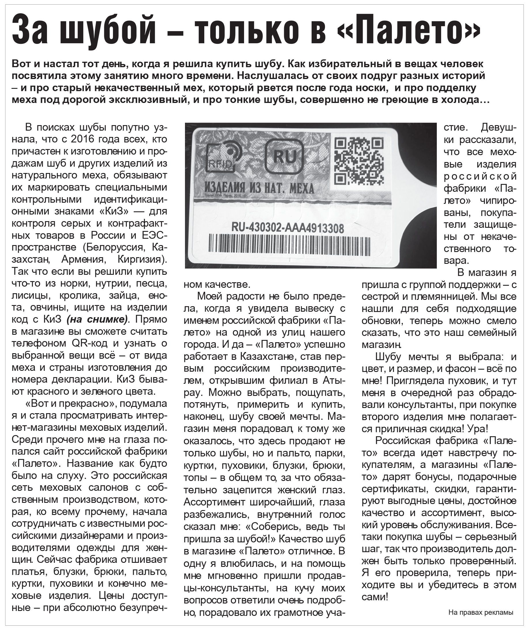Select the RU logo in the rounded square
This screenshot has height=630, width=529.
pyautogui.click(x=285, y=157)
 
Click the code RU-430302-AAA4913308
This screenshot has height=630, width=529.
pyautogui.click(x=288, y=228)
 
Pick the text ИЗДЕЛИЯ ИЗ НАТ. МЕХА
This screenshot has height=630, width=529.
pyautogui.click(x=259, y=188)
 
